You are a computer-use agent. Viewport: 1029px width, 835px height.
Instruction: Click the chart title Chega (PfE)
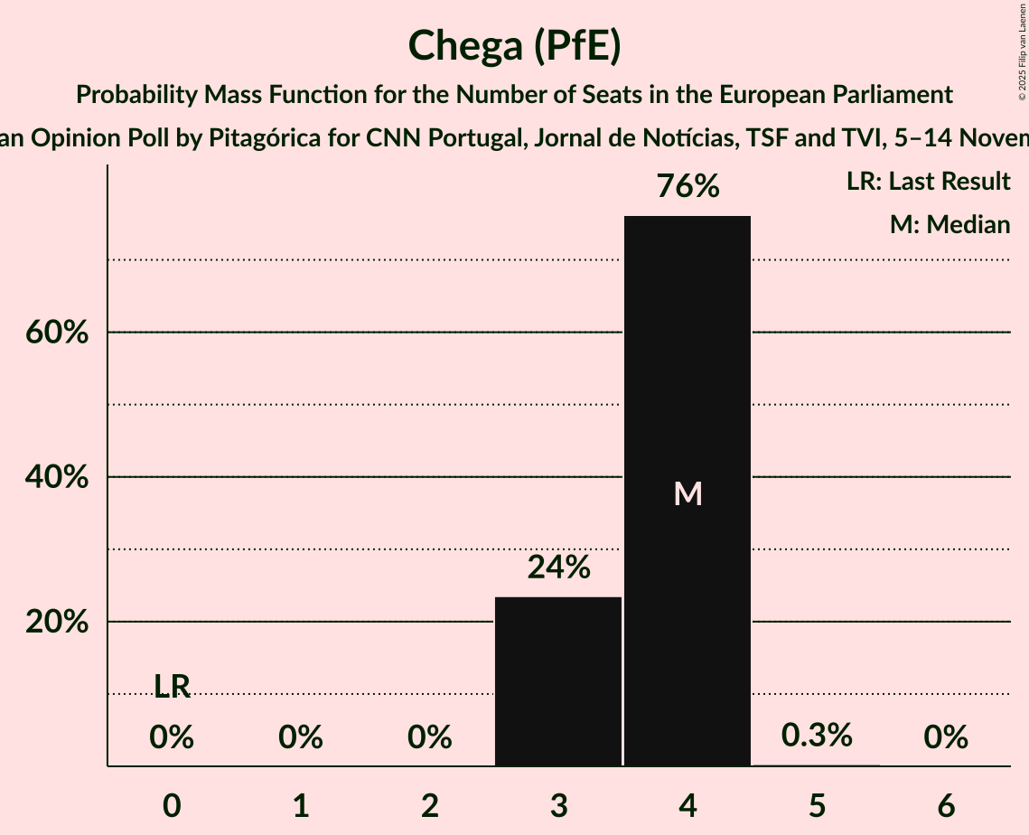coord(514,46)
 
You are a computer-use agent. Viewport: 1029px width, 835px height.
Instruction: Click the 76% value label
coord(688,187)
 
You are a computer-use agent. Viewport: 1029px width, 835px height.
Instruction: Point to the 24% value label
coord(558,568)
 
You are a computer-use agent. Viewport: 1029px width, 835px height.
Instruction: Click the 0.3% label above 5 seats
coord(817,735)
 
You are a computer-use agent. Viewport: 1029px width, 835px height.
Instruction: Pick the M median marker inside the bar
coord(688,493)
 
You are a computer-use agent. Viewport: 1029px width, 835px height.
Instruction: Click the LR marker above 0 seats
coord(172,687)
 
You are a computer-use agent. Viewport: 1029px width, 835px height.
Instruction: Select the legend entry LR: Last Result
coord(928,182)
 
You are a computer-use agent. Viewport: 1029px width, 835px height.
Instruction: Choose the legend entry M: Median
coord(949,225)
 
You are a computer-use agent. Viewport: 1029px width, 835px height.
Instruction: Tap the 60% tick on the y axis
coord(56,333)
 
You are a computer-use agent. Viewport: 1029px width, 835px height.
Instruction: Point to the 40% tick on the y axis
coord(56,477)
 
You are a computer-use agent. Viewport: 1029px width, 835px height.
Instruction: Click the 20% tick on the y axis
coord(56,623)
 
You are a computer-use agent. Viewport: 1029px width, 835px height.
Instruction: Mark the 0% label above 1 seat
coord(301,738)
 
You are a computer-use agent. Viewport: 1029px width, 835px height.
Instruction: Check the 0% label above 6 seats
coord(946,738)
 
